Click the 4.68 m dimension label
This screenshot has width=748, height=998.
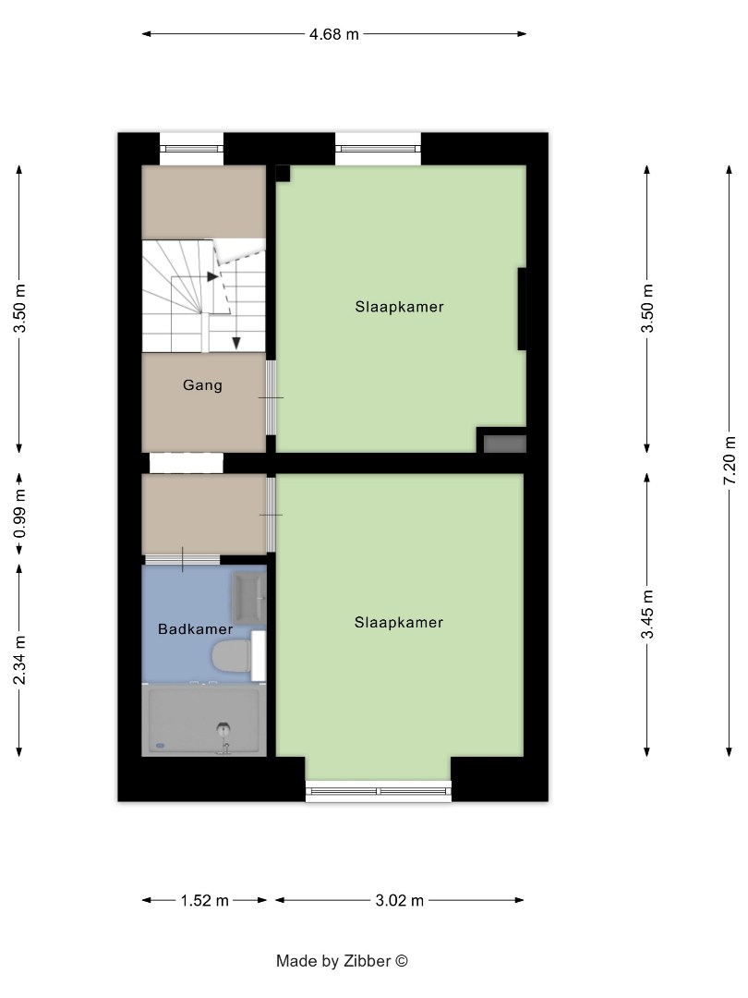click(x=333, y=34)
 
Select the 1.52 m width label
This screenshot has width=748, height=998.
click(x=204, y=901)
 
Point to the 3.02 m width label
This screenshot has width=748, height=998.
click(x=399, y=901)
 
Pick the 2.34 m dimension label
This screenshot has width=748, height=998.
click(x=20, y=662)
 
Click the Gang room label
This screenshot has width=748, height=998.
click(x=202, y=385)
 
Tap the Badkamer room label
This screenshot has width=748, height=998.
click(x=195, y=629)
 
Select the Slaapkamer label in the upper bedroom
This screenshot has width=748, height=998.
click(x=399, y=307)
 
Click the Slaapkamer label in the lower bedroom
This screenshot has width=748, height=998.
click(x=399, y=623)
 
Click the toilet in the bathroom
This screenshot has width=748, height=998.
click(x=231, y=658)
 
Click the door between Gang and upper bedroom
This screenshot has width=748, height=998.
click(x=271, y=396)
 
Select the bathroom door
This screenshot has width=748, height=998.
click(x=183, y=559)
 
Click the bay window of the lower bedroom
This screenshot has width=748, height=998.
click(x=379, y=791)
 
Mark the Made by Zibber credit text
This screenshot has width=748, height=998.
click(x=342, y=961)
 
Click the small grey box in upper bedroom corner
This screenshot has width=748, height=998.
click(x=505, y=444)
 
